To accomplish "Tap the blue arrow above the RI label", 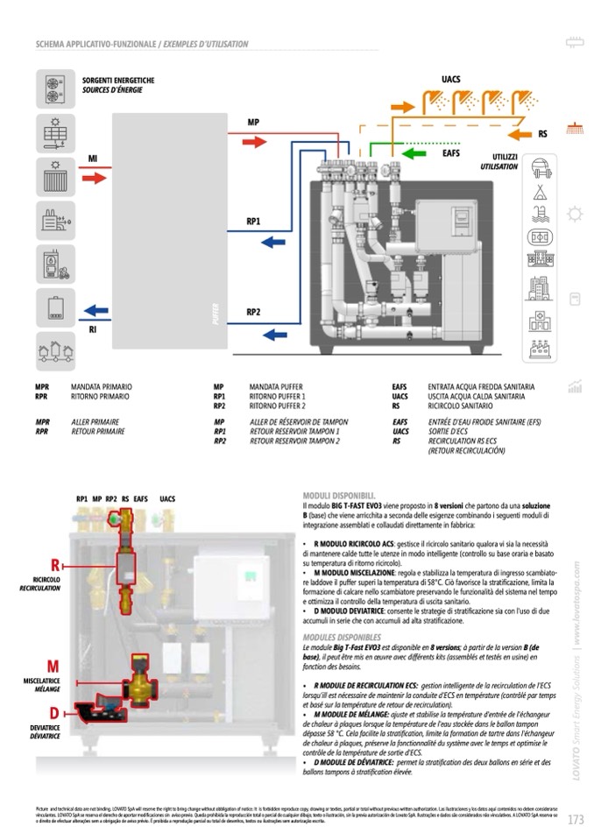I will (x=96, y=310).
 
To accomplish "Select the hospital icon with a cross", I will (x=540, y=319).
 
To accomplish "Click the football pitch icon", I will (x=540, y=237).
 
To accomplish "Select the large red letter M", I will (x=53, y=668).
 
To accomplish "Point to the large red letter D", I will (x=54, y=713).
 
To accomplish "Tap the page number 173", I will (x=576, y=821).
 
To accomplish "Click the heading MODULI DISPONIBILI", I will (x=339, y=495).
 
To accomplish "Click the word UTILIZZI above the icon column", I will (x=505, y=156).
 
